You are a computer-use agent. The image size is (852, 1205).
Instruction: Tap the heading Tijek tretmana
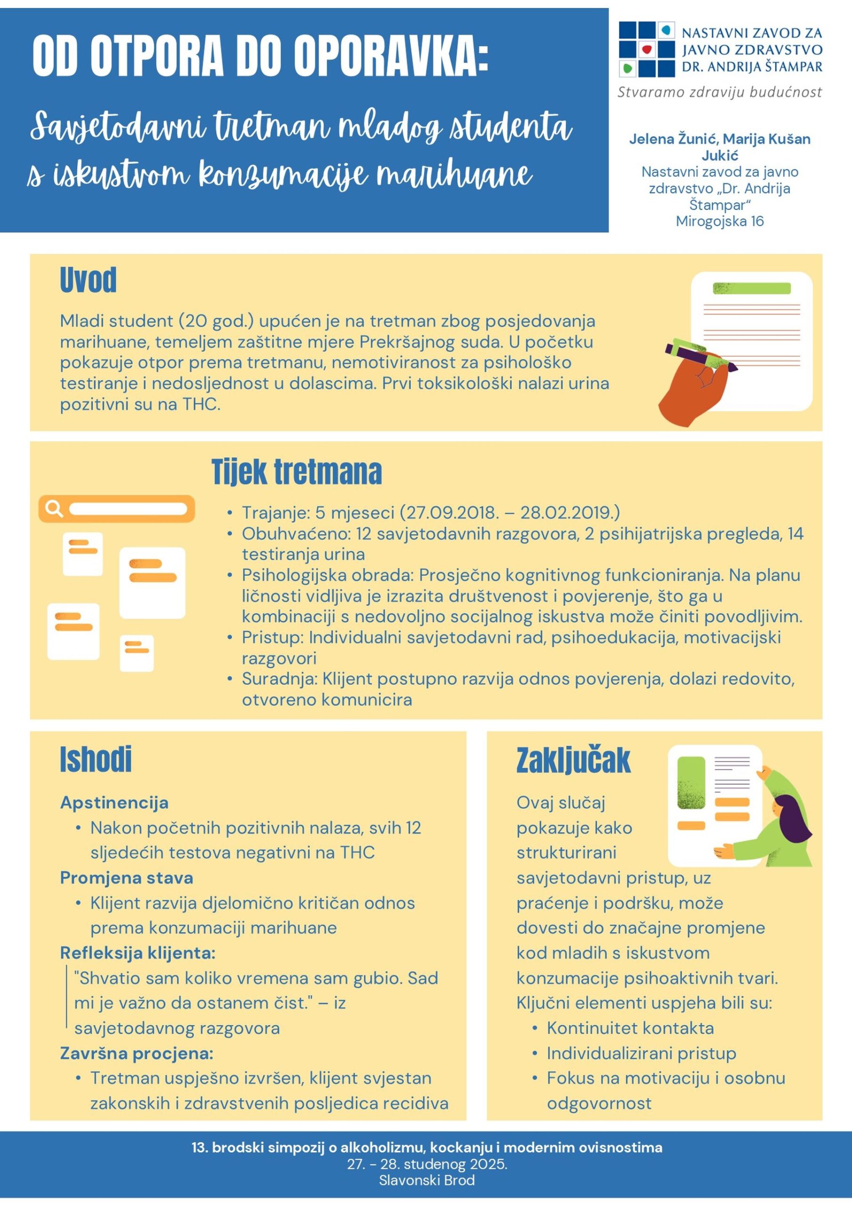pyautogui.click(x=297, y=472)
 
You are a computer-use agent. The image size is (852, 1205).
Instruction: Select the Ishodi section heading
pyautogui.click(x=96, y=759)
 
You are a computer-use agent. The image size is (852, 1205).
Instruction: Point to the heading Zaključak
pyautogui.click(x=573, y=760)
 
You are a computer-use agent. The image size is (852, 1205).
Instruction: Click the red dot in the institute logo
pyautogui.click(x=647, y=50)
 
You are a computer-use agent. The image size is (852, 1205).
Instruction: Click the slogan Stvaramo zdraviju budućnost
pyautogui.click(x=719, y=93)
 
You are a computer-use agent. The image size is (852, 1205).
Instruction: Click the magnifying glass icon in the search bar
pyautogui.click(x=54, y=508)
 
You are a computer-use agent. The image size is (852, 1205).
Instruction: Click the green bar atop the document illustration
pyautogui.click(x=751, y=288)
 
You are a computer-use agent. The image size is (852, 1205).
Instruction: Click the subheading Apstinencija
pyautogui.click(x=114, y=803)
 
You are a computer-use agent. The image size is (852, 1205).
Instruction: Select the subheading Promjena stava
pyautogui.click(x=127, y=877)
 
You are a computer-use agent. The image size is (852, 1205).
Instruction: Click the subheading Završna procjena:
pyautogui.click(x=137, y=1053)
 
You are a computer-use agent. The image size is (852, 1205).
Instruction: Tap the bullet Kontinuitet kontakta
pyautogui.click(x=630, y=1028)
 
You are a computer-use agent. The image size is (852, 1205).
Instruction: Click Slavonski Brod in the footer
pyautogui.click(x=426, y=1181)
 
